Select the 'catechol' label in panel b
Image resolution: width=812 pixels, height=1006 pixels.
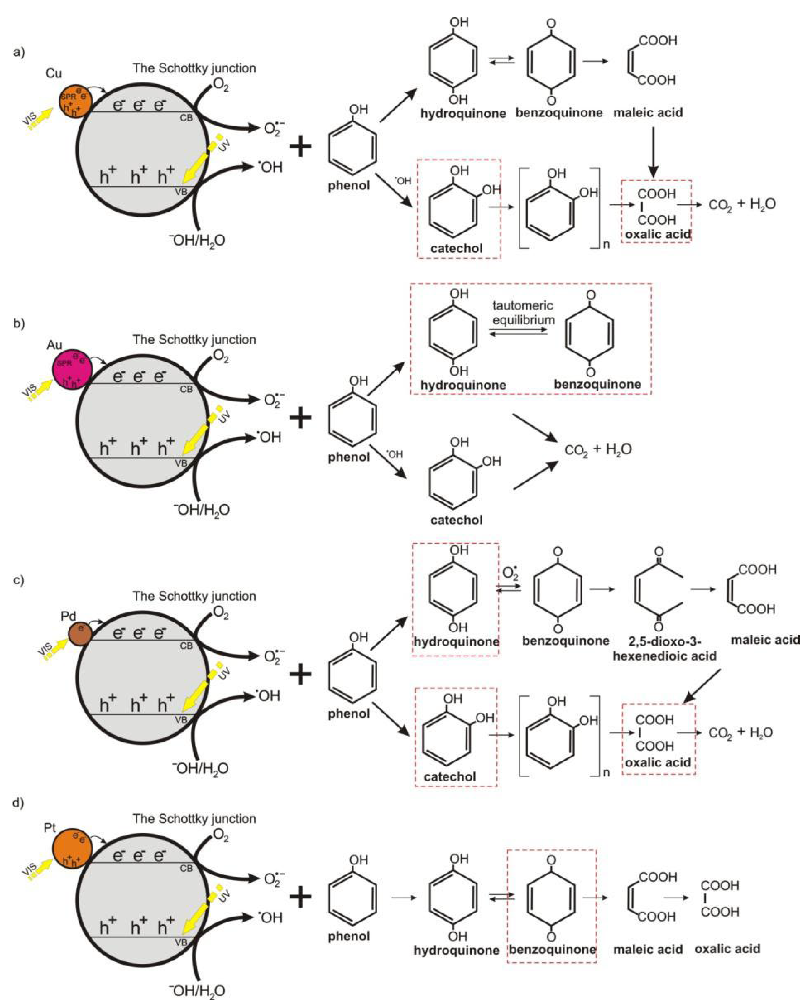point(456,520)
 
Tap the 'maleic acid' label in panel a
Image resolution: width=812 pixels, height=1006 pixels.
point(648,113)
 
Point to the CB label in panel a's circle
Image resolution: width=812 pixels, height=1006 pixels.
point(186,118)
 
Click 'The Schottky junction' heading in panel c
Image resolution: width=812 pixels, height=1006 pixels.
point(194,596)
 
